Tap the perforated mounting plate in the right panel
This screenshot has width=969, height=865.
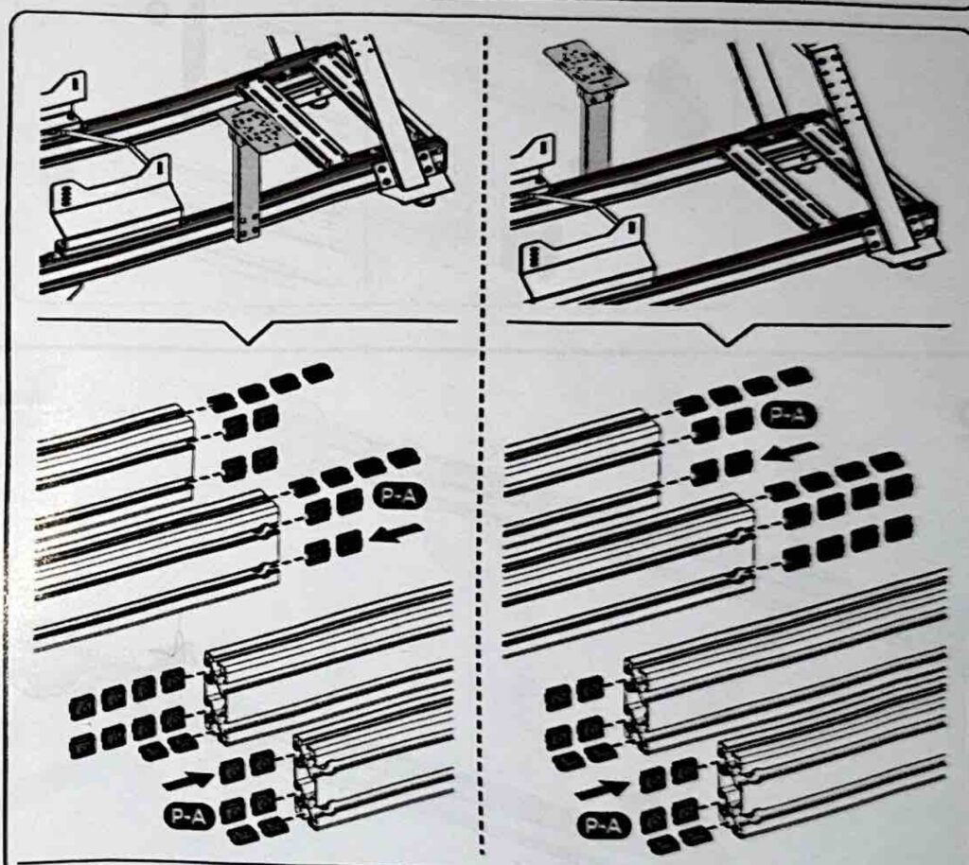coord(585,68)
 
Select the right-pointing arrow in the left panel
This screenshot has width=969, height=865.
coord(187,781)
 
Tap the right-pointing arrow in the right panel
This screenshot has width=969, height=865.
coord(601,788)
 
